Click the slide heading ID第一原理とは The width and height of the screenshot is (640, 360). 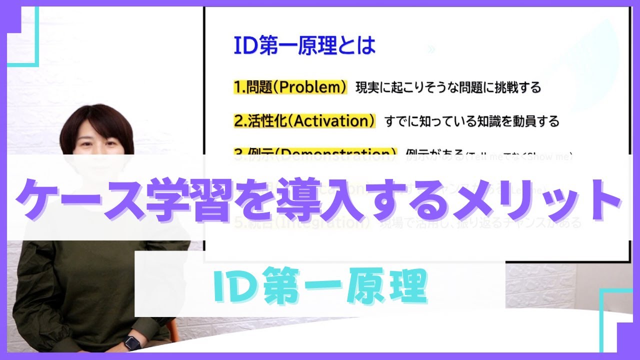click(x=304, y=46)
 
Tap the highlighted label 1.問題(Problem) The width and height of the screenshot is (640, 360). click(x=290, y=87)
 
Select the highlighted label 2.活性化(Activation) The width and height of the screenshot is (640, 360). click(x=304, y=121)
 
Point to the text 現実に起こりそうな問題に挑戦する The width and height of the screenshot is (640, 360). click(x=448, y=88)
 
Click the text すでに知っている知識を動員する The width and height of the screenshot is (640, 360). click(x=471, y=121)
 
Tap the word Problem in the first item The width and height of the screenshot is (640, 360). click(x=312, y=87)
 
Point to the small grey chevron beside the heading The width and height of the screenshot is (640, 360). click(x=432, y=49)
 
